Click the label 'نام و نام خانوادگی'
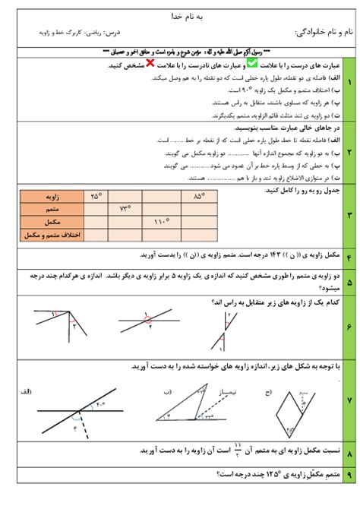coord(323,33)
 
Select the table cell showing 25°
coord(96,197)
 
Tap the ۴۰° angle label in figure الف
coord(101,405)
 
